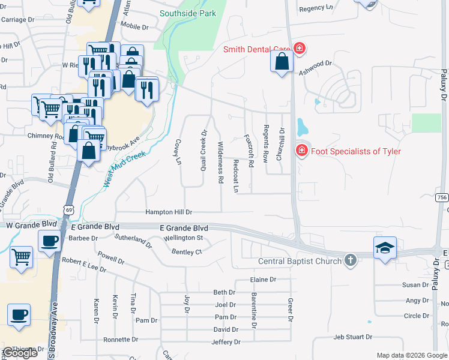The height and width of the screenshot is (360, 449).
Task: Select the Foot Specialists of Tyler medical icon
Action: [x=302, y=151]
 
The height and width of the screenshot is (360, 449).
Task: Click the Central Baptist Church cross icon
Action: [x=351, y=260]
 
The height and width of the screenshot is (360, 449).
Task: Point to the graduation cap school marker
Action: [x=385, y=247]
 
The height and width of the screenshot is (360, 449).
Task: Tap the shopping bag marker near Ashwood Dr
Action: [x=282, y=61]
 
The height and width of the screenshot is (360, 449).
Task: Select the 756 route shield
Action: [x=442, y=197]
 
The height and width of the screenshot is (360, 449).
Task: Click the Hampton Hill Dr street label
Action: [x=169, y=212]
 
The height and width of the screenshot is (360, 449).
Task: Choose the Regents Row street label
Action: [x=265, y=144]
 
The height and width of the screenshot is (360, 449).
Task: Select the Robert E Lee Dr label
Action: [x=85, y=262]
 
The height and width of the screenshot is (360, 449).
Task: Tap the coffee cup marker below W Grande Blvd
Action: [x=49, y=241]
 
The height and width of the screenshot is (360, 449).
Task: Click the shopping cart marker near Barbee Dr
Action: [x=22, y=257]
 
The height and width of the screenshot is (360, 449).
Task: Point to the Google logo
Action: [x=20, y=353]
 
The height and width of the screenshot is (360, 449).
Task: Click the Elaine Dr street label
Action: [x=263, y=280]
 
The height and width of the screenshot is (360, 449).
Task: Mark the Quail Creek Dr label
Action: [x=204, y=150]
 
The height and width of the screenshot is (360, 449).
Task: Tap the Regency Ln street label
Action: [x=315, y=8]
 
